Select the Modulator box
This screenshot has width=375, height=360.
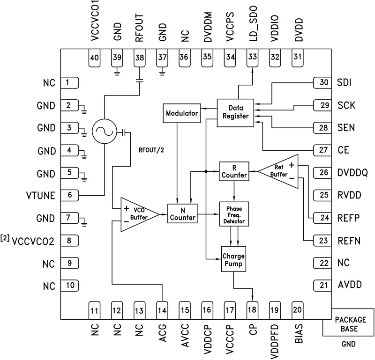click(180, 113)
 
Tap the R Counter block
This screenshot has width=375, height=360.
click(233, 171)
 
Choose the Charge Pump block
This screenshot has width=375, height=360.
click(233, 258)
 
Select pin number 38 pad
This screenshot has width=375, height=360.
click(139, 57)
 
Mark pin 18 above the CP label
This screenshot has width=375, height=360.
click(252, 309)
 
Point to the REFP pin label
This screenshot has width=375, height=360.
click(348, 217)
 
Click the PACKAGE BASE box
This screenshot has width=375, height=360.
click(348, 323)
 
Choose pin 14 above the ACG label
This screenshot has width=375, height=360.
click(162, 309)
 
